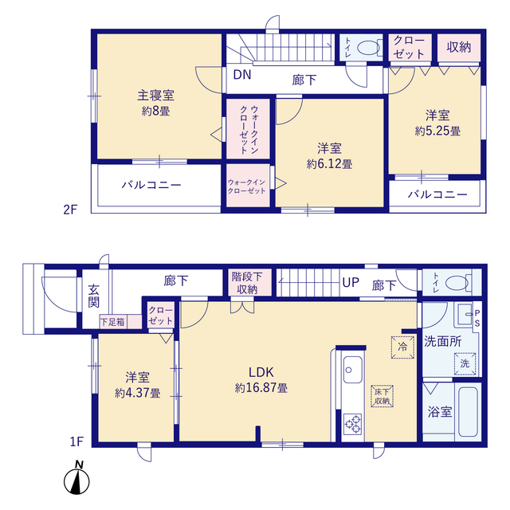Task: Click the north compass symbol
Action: coord(78,481)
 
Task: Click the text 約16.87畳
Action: coord(261,388)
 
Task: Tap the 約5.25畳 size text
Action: coord(437,130)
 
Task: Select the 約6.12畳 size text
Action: coord(329,163)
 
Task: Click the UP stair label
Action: coord(351,283)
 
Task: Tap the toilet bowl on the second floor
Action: coord(367,48)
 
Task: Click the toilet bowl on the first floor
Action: coord(457,283)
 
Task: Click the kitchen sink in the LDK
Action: coord(351,371)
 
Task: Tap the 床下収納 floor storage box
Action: coord(381,396)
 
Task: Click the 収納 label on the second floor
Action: coord(458,46)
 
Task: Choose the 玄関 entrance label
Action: coord(94,296)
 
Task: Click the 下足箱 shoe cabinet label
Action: coord(112,321)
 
